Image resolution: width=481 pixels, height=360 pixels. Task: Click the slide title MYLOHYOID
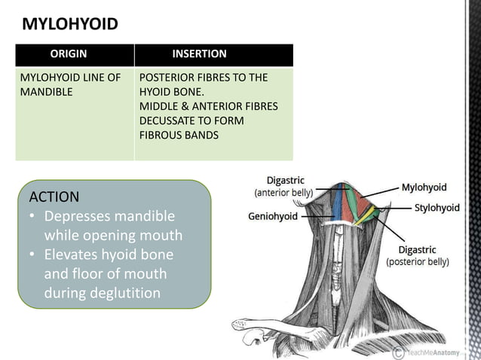70,24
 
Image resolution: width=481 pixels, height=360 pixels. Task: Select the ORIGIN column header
68,54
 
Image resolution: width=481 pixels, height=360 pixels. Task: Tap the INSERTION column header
199,54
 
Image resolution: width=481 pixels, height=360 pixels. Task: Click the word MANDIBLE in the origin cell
44,92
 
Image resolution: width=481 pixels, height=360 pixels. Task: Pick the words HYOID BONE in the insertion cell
170,92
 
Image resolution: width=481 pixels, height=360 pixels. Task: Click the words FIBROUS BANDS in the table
179,135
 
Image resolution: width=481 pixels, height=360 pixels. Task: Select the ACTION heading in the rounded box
54,197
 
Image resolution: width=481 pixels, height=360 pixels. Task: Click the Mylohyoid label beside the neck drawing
424,188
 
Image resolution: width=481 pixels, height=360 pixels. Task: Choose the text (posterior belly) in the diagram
417,262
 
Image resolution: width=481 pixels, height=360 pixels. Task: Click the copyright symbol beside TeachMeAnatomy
397,352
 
